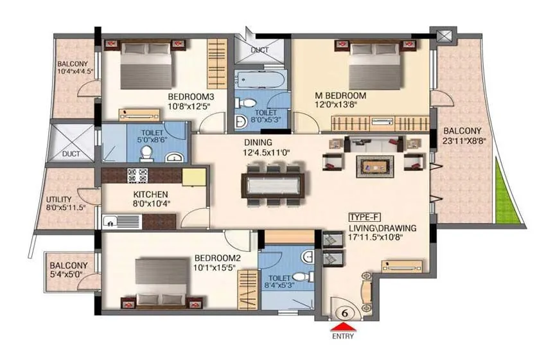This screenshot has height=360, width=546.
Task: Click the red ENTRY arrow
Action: (345, 325)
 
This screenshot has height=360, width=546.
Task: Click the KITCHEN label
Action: (150, 194)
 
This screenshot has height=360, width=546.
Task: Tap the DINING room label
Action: (258, 142)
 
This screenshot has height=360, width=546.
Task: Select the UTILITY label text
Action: (59, 199)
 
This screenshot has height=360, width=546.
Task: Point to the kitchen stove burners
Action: (137, 175)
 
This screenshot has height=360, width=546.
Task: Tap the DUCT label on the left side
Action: (72, 154)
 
